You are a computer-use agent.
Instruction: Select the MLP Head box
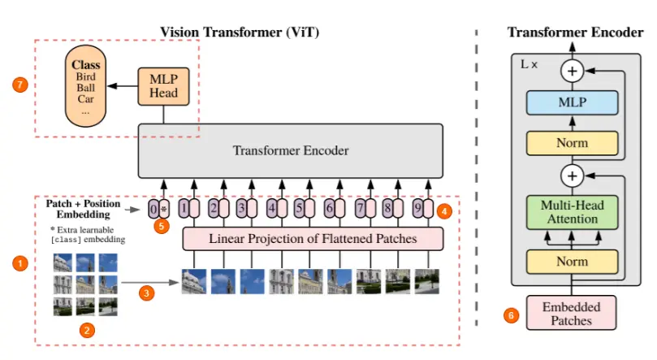pos(164,85)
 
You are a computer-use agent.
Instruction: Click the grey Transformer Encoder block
pos(291,150)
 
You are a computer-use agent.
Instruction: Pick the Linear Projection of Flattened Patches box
pos(313,239)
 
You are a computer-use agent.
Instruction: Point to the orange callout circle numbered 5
pos(163,227)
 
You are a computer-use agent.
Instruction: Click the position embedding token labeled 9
pos(417,209)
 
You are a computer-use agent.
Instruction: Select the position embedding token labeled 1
pos(184,209)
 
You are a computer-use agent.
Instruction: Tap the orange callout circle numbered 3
pos(147,293)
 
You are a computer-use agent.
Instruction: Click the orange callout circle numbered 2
pos(86,330)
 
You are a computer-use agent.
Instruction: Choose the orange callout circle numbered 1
pos(21,263)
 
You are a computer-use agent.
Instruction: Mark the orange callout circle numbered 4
pos(443,211)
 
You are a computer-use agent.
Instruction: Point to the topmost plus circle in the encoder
pos(572,71)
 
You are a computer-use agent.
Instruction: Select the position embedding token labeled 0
pos(153,209)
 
